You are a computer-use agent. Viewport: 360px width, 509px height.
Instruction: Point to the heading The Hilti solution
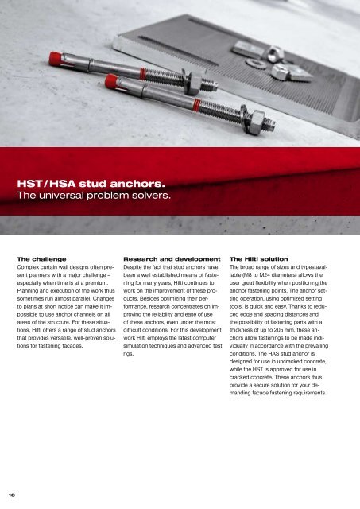257,259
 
